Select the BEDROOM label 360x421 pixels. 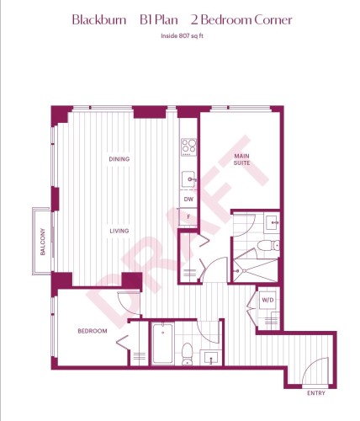(93, 331)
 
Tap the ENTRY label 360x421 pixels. (315, 392)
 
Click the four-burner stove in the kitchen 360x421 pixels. (189, 147)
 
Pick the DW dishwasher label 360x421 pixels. (188, 200)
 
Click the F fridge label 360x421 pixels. (188, 217)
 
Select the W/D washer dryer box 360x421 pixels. (267, 299)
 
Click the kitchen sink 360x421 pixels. (189, 179)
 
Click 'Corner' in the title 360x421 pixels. (271, 19)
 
